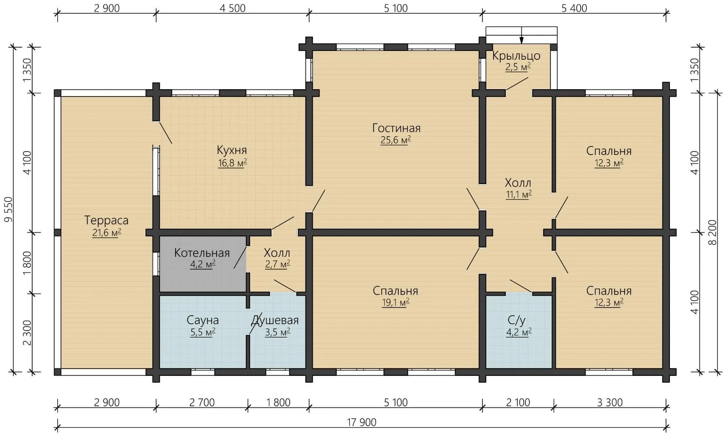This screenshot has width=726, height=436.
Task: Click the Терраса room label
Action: [106, 220]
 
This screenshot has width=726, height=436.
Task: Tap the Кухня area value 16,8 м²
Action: [232, 163]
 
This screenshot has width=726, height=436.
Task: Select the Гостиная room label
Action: [396, 128]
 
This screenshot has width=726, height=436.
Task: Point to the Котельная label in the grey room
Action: [202, 253]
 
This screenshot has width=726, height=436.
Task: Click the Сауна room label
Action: [203, 321]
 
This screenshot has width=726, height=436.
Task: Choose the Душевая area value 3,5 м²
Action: [277, 332]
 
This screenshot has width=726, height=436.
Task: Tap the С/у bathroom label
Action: [517, 320]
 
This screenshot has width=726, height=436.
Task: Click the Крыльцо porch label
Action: [516, 56]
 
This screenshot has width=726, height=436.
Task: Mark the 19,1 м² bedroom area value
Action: [395, 302]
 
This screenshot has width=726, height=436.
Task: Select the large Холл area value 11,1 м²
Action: [519, 195]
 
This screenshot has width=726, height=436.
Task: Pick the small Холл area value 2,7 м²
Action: [277, 264]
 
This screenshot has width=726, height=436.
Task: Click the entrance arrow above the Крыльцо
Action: [521, 35]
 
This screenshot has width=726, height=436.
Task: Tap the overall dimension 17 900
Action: [362, 423]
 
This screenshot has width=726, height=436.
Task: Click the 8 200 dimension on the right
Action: [712, 233]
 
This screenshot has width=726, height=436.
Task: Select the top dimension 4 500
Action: [232, 8]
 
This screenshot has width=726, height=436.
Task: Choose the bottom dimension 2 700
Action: [202, 402]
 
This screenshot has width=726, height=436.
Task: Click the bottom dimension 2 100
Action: [518, 402]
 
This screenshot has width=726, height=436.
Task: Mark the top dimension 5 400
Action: [574, 8]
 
